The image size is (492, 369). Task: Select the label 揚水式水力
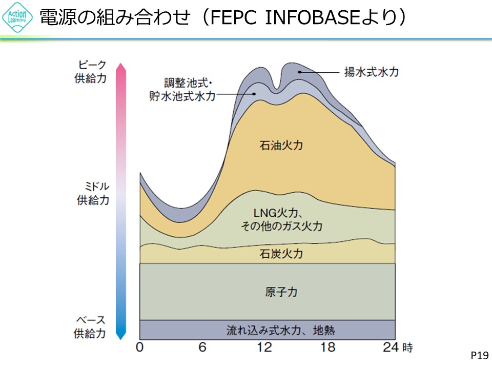[x=371, y=72]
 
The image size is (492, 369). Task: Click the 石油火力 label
[x=281, y=146]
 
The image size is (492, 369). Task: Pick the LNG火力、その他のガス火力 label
[x=281, y=219]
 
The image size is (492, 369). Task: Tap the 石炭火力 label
[x=281, y=254]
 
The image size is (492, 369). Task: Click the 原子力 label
[x=281, y=292]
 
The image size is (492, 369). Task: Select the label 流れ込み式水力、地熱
[x=281, y=330]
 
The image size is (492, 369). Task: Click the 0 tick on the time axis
[x=140, y=347]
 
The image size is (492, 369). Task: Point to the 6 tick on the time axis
[x=203, y=347]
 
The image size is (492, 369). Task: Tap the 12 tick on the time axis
[x=265, y=347]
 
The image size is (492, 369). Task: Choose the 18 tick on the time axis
[x=328, y=347]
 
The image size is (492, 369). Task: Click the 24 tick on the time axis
[x=391, y=347]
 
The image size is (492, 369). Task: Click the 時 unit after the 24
[x=407, y=347]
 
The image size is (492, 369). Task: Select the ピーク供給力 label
[x=93, y=72]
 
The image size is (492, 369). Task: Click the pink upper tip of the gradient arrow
[x=121, y=67]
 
